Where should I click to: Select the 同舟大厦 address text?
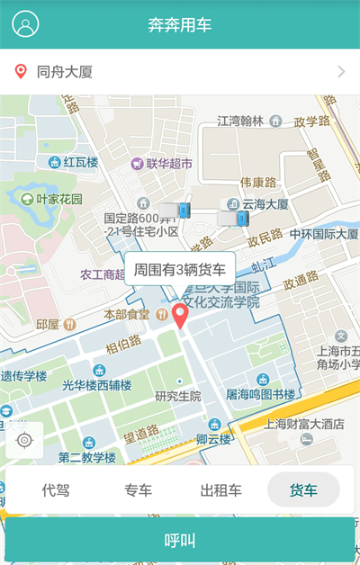click(x=65, y=72)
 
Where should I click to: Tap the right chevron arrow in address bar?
click(x=341, y=72)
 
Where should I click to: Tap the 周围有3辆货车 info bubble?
click(x=180, y=269)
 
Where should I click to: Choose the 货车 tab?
click(x=303, y=490)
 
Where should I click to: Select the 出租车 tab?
click(x=220, y=490)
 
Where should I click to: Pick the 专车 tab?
click(x=138, y=490)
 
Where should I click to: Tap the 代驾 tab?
click(x=56, y=490)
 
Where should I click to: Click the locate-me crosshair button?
click(x=24, y=440)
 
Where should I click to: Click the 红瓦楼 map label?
click(x=80, y=163)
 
